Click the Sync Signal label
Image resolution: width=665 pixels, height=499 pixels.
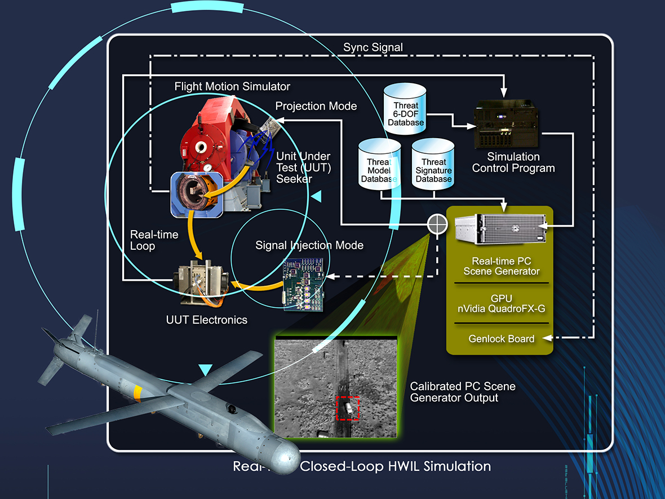point(373,47)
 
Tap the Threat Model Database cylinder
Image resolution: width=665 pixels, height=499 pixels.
point(379,165)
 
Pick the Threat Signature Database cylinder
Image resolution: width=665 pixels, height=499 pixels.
point(433,165)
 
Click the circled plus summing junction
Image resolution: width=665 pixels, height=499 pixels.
point(437,225)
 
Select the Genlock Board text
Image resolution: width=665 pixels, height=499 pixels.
point(501,339)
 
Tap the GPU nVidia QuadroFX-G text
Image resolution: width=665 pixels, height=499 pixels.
point(501,303)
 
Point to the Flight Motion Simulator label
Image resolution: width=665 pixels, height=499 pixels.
point(232,86)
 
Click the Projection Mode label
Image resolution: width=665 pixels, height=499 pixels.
point(316,106)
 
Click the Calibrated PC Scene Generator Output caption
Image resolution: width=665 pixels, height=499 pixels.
point(462,392)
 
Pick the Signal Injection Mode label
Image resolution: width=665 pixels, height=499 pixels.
point(309,245)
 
